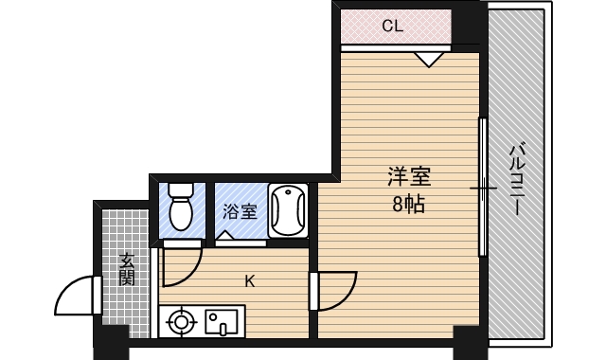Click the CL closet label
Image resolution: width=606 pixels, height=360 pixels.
(393, 27)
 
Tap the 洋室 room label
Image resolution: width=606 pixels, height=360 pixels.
(409, 177)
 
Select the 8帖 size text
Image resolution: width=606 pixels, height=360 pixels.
(408, 203)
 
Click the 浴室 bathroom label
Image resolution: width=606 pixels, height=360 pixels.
(240, 211)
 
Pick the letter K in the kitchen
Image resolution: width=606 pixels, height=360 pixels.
(250, 280)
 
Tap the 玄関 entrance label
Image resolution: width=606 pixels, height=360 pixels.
(127, 269)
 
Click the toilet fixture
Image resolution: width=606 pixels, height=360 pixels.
(180, 207)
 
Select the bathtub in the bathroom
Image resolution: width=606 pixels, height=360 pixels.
(288, 210)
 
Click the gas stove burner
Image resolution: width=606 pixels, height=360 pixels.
(180, 323)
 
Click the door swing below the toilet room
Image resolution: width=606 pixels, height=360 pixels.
(180, 266)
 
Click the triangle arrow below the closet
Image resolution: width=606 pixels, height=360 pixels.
(430, 59)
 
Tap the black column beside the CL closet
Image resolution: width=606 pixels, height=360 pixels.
(469, 25)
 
